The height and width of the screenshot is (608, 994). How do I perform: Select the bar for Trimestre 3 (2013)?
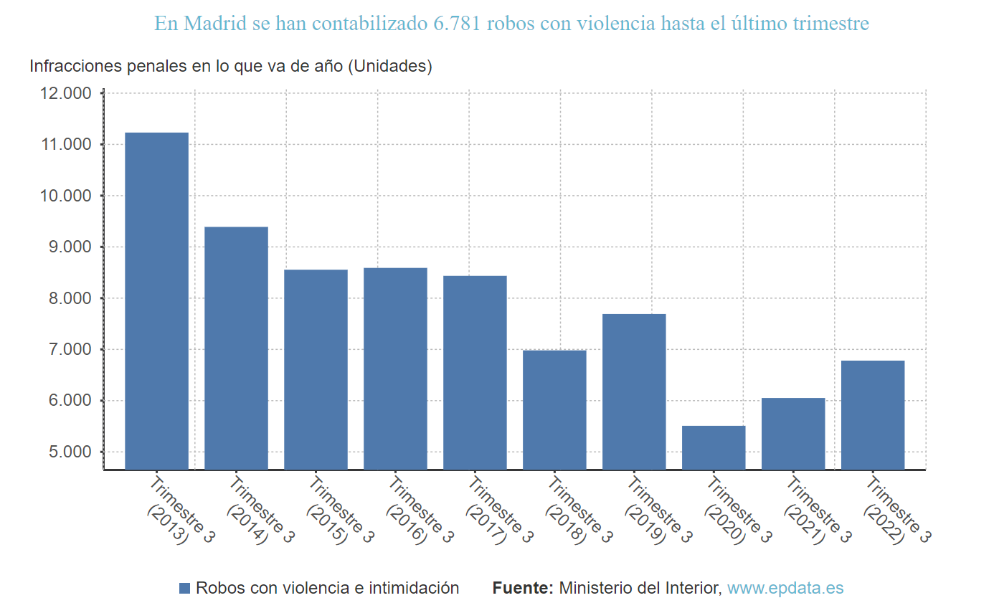[156, 301]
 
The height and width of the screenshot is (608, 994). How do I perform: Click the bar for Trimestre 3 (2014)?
[236, 348]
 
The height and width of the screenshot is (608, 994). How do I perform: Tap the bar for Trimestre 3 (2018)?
[554, 410]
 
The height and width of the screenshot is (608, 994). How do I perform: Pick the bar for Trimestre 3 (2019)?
[634, 392]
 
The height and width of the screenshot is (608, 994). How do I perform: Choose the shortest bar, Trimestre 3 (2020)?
[714, 448]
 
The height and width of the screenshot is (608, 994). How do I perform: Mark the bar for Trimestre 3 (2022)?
[873, 415]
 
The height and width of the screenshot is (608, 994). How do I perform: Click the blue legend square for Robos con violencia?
[184, 589]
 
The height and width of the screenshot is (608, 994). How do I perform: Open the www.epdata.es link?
[785, 589]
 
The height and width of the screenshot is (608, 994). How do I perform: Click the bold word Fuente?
[523, 589]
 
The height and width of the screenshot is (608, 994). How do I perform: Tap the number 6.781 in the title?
[458, 24]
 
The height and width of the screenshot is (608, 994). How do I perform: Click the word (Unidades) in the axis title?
[389, 67]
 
